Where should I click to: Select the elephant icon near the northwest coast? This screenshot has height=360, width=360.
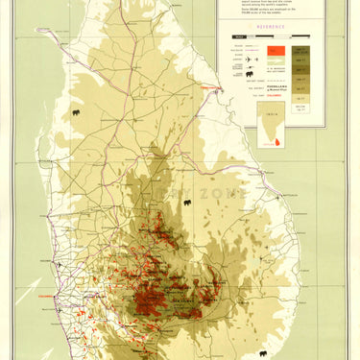click(76, 112)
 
